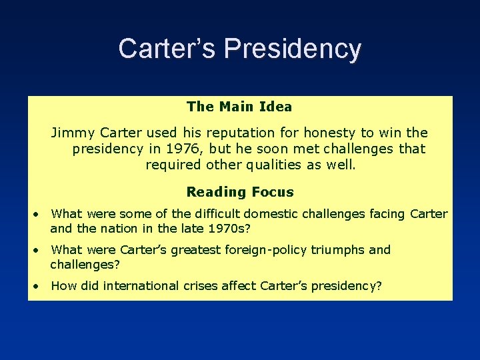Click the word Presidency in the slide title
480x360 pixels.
(293, 49)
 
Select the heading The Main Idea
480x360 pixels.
(239, 106)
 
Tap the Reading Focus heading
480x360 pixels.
(239, 192)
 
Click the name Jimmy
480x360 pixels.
(71, 133)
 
